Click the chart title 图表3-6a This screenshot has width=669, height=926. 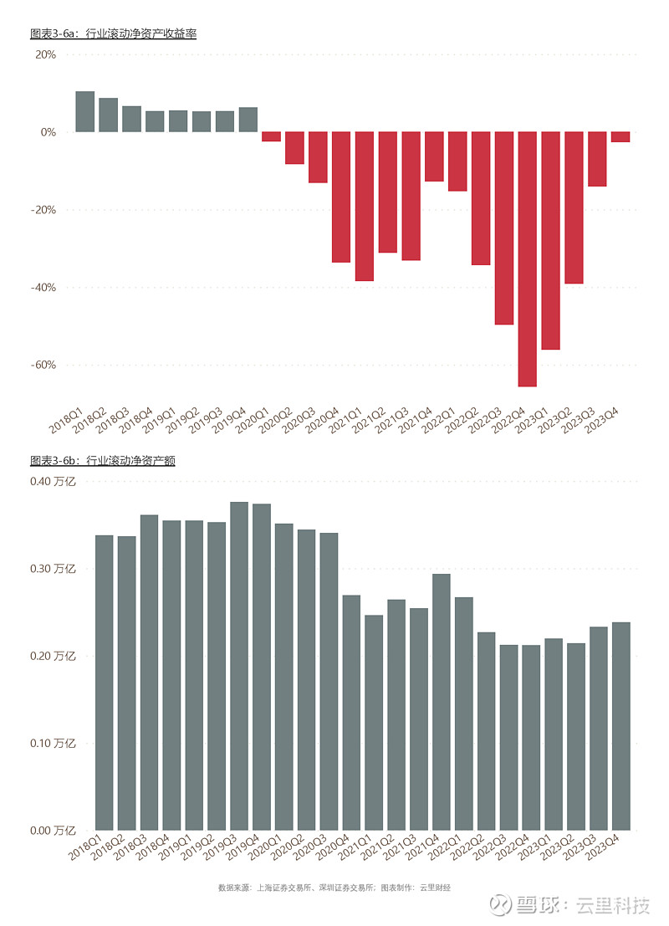click(x=113, y=33)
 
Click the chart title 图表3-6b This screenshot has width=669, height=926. click(x=102, y=460)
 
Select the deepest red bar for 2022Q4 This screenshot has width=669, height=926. click(x=527, y=259)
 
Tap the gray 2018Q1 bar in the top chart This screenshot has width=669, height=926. click(x=85, y=112)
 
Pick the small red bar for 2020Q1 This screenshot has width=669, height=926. click(x=271, y=136)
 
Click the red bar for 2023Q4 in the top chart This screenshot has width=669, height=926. click(x=620, y=137)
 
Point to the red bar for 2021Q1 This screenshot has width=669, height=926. click(x=364, y=206)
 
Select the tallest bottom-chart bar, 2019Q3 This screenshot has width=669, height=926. click(x=239, y=666)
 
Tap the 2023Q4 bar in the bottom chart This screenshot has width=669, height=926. click(x=620, y=725)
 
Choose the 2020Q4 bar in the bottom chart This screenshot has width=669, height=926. click(x=351, y=712)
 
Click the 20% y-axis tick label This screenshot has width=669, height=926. click(x=44, y=54)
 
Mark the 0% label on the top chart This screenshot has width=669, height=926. click(x=47, y=132)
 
